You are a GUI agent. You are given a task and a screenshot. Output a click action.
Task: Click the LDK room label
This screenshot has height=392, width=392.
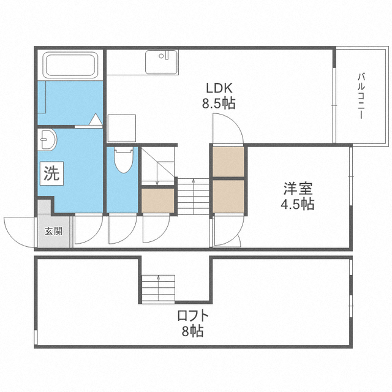(x=219, y=88)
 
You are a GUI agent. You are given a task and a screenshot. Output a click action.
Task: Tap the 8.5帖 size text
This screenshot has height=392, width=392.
(x=219, y=103)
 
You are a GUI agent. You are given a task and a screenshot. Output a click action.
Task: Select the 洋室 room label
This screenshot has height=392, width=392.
(x=298, y=189)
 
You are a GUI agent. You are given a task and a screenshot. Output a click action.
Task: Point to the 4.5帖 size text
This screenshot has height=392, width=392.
(x=298, y=204)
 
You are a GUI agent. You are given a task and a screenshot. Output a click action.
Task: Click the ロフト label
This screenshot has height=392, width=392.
(x=193, y=315)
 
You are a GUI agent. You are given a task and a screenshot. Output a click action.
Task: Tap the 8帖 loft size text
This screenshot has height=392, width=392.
(x=192, y=331)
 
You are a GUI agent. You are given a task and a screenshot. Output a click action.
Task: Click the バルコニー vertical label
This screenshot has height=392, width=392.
(x=361, y=96)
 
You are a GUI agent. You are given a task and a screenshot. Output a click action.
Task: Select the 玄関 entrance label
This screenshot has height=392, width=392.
(x=53, y=232)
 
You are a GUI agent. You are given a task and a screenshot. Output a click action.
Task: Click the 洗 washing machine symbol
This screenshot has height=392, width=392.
(x=51, y=173)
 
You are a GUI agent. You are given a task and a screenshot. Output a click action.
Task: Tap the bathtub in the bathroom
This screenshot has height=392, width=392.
(x=70, y=65)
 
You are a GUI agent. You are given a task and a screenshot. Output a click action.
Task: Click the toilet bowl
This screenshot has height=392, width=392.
(x=124, y=160)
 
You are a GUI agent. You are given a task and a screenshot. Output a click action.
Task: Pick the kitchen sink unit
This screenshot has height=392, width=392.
(x=162, y=62)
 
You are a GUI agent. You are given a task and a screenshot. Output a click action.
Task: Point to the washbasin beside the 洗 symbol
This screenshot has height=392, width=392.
(x=48, y=140)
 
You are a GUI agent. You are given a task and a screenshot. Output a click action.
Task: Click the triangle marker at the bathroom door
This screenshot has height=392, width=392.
(x=96, y=119)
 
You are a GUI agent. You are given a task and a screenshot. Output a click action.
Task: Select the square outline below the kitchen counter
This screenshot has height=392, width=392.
(x=122, y=129)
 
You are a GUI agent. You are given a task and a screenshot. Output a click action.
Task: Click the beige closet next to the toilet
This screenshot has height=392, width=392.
(x=158, y=200)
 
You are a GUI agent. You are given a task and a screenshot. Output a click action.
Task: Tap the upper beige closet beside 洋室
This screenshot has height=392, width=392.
(x=228, y=162)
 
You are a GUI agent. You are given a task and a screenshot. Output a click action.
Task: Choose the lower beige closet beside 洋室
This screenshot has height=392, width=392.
(x=228, y=197)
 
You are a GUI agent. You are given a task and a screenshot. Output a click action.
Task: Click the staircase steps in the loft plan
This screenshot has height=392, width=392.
(x=158, y=289)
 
